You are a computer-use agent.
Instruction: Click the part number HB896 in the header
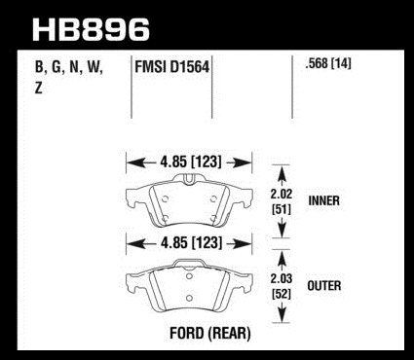pyautogui.click(x=91, y=30)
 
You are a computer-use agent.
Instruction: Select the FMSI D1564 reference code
pyautogui.click(x=171, y=67)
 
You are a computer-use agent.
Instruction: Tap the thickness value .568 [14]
pyautogui.click(x=328, y=63)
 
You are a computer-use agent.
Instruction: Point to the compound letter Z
pyautogui.click(x=39, y=89)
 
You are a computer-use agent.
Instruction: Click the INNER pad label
pyautogui.click(x=324, y=200)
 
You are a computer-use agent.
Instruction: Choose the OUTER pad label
pyautogui.click(x=324, y=286)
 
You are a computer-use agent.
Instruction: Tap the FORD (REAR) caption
pyautogui.click(x=210, y=333)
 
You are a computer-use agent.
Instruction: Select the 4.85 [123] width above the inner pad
pyautogui.click(x=191, y=162)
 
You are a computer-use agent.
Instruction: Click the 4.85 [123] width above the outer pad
pyautogui.click(x=191, y=242)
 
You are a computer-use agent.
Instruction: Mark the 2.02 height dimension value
pyautogui.click(x=282, y=194)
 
